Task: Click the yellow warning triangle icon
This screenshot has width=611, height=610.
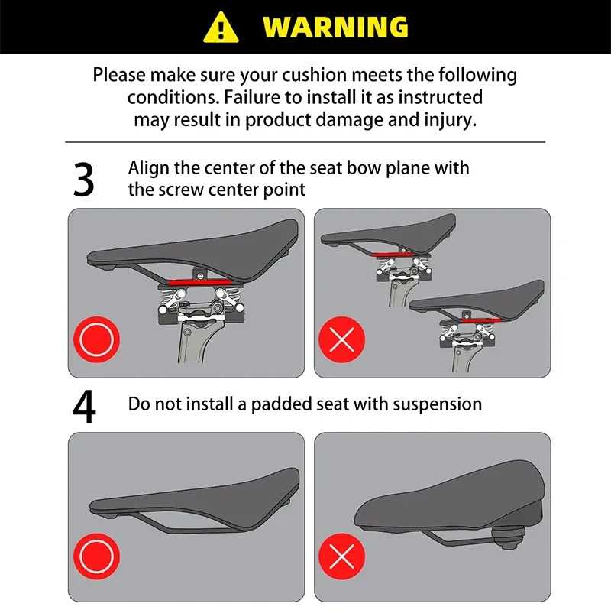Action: (221, 28)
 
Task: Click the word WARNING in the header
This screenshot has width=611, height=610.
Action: (335, 28)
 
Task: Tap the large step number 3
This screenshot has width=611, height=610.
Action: (83, 180)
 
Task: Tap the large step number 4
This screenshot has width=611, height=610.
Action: (84, 407)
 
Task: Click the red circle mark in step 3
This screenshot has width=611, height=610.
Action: (97, 339)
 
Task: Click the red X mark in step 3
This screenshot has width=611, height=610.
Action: (341, 339)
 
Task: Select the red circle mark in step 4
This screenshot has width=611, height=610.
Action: (97, 556)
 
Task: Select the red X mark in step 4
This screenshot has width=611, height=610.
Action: (341, 556)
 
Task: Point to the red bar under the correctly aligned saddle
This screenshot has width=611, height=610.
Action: (199, 282)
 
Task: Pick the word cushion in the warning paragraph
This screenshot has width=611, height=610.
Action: (314, 75)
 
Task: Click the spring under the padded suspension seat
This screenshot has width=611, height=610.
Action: (507, 538)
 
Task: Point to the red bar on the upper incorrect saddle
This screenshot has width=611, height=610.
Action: (393, 255)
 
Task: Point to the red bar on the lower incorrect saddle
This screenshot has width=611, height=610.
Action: (480, 320)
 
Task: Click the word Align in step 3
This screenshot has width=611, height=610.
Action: (148, 168)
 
